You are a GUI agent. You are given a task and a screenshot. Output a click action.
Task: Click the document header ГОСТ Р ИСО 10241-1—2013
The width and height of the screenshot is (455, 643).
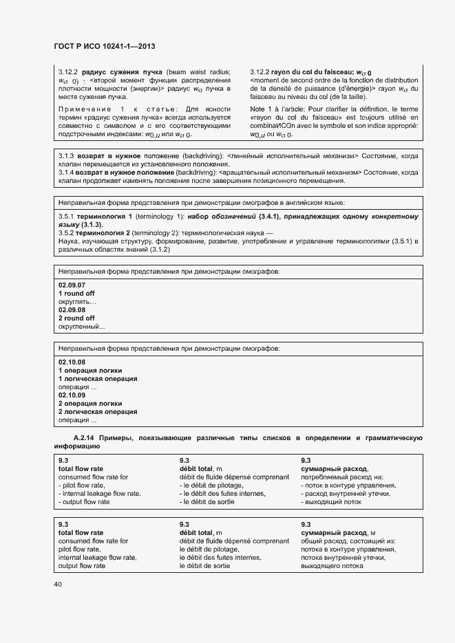[104, 46]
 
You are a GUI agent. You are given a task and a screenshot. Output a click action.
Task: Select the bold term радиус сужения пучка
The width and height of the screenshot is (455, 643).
[122, 72]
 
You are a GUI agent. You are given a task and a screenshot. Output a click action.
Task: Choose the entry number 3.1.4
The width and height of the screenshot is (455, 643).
[67, 173]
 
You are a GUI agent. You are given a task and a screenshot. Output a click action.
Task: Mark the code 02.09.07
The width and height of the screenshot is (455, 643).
[72, 285]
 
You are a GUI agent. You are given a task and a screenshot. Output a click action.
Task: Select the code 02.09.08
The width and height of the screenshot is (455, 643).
[72, 309]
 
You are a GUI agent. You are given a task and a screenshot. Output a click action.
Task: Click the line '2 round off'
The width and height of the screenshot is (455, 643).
[76, 318]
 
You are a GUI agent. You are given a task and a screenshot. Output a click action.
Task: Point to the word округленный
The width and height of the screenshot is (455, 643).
[81, 327]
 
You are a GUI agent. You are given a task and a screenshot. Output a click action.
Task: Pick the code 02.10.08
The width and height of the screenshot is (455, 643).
[72, 362]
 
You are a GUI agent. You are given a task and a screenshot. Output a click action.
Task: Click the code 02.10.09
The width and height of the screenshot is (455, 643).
[72, 395]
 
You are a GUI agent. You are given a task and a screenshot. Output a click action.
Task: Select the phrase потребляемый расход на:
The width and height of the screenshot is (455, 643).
[341, 477]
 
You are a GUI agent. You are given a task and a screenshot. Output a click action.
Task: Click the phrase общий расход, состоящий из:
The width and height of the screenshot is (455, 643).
[348, 541]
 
